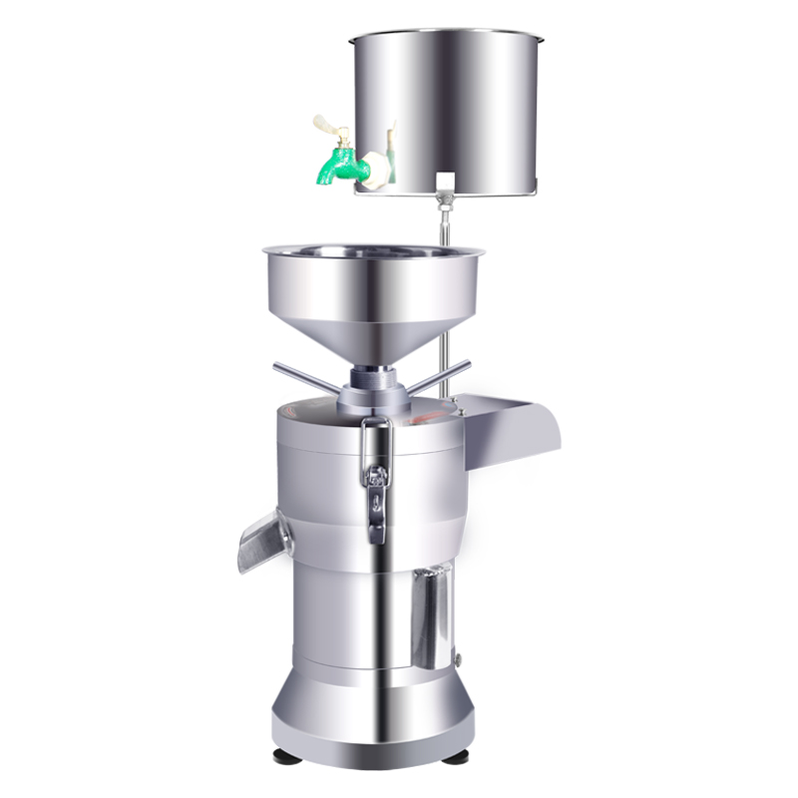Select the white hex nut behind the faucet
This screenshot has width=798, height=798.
tap(374, 167)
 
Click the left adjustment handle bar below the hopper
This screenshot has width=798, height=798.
tap(305, 377)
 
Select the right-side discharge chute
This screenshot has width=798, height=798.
tap(514, 424)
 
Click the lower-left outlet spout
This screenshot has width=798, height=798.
tap(261, 541)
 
